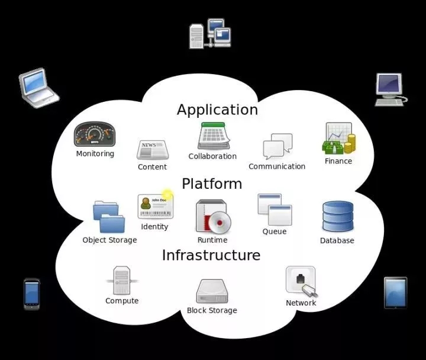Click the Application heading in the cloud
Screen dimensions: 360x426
[217, 110]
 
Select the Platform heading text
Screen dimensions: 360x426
[212, 184]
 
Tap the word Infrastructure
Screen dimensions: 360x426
[211, 255]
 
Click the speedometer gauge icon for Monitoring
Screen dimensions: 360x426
[94, 135]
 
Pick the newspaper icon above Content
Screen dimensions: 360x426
[152, 150]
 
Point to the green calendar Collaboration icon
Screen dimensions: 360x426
[213, 136]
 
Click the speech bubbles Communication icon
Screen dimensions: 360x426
[277, 146]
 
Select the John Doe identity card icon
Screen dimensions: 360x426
[154, 207]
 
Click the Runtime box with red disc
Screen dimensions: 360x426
[212, 216]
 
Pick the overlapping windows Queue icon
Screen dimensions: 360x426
[275, 210]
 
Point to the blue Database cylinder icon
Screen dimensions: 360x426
[337, 217]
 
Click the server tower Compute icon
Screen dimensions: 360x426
[121, 280]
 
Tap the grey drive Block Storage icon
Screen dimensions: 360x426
[212, 291]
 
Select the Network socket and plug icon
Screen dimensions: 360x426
[301, 281]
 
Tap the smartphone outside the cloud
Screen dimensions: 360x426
[32, 294]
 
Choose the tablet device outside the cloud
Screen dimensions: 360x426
[395, 292]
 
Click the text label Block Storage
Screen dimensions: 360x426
[212, 310]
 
